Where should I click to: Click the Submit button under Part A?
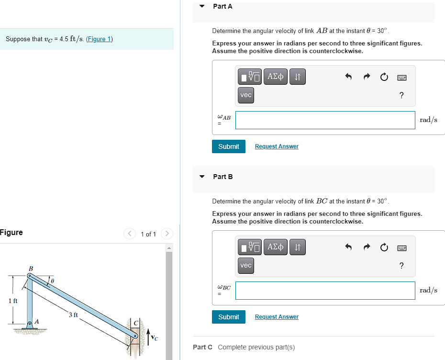point(228,146)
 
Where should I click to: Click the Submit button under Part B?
point(228,317)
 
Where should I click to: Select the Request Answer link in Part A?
point(277,146)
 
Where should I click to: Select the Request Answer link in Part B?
point(277,317)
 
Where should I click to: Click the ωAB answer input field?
point(325,120)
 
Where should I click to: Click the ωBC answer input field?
point(325,291)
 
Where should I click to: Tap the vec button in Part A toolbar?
point(245,95)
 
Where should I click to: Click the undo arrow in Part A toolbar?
point(348,77)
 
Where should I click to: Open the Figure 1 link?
point(99,39)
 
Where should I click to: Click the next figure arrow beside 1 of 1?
point(167,234)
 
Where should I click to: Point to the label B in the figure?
point(31,269)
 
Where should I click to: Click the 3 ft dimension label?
point(73,315)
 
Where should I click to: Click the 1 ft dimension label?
point(12,301)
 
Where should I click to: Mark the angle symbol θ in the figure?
point(53,279)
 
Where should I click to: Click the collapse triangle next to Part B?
point(202,177)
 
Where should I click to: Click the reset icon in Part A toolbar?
point(383,77)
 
